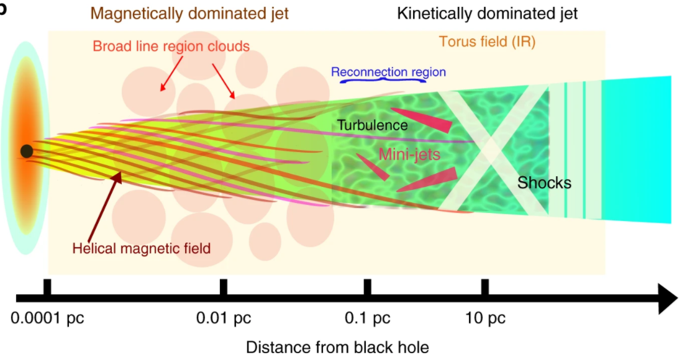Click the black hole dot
pyautogui.click(x=26, y=151)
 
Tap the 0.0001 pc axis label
pyautogui.click(x=47, y=319)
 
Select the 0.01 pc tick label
pyautogui.click(x=224, y=319)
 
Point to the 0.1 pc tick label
pyautogui.click(x=368, y=319)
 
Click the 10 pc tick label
pyautogui.click(x=485, y=319)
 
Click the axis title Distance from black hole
pyautogui.click(x=337, y=347)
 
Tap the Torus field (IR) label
pyautogui.click(x=487, y=42)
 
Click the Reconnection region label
pyautogui.click(x=388, y=71)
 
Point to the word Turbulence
pyautogui.click(x=373, y=125)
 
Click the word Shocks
pyautogui.click(x=545, y=182)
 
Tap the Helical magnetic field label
pyautogui.click(x=142, y=248)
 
